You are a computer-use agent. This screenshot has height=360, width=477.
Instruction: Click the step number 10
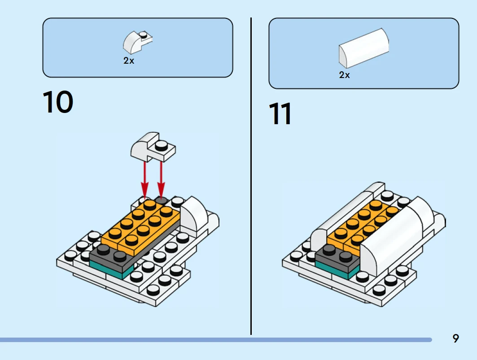pyautogui.click(x=58, y=102)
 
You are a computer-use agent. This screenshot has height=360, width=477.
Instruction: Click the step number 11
pyautogui.click(x=280, y=114)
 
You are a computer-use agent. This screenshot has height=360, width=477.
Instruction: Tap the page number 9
pyautogui.click(x=456, y=338)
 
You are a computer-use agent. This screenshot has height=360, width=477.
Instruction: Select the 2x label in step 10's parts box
pyautogui.click(x=129, y=61)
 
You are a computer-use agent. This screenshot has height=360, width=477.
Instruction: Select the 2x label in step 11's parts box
pyautogui.click(x=344, y=75)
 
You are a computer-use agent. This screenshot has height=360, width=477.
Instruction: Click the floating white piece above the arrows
pyautogui.click(x=152, y=147)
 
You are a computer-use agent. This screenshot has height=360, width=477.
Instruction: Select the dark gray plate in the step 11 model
pyautogui.click(x=337, y=260)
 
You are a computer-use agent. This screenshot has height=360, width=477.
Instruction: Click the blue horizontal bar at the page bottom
pyautogui.click(x=215, y=340)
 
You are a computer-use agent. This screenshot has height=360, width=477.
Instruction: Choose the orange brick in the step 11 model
pyautogui.click(x=359, y=224)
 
